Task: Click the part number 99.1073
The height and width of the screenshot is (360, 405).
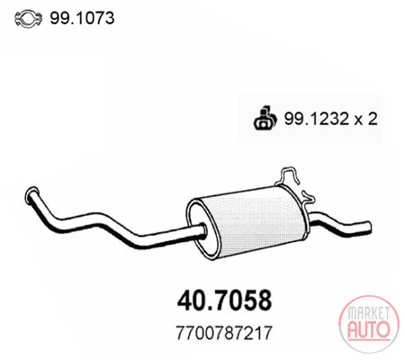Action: [82, 18]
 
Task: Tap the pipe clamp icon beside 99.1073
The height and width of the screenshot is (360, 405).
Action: [28, 19]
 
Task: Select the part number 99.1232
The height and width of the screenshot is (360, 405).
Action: [317, 119]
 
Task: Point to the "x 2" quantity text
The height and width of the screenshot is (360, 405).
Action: [366, 119]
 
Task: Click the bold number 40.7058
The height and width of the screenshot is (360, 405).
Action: [224, 301]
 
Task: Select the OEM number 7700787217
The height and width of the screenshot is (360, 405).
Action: [224, 333]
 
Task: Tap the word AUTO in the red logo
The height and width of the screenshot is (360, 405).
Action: [369, 329]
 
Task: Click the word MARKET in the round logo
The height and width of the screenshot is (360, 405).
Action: [368, 313]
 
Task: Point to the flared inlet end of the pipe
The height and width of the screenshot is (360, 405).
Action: [32, 195]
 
